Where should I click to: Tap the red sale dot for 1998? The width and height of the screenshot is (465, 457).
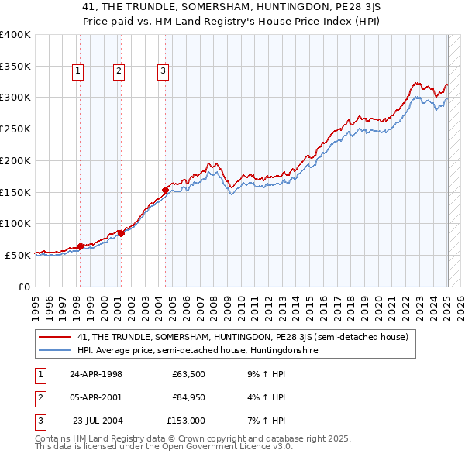point(80,246)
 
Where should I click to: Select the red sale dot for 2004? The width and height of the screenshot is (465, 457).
point(165,190)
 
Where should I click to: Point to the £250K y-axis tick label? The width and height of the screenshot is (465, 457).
point(15,129)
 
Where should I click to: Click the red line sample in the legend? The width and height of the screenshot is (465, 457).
point(55,337)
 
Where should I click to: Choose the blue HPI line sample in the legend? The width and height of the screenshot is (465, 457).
point(55,350)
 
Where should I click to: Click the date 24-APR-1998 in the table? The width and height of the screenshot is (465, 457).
point(96,375)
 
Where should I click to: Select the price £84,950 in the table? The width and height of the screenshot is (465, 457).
point(188,397)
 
